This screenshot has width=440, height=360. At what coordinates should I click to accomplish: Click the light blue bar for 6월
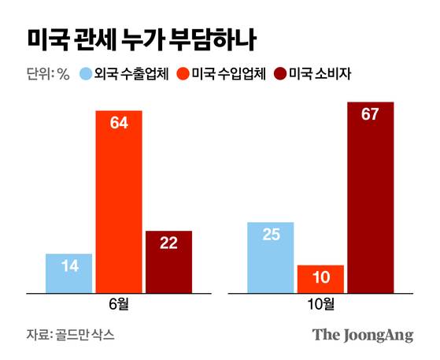(69, 273)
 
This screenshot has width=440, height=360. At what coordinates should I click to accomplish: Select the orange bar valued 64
(119, 201)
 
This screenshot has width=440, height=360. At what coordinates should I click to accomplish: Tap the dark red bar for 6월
(168, 262)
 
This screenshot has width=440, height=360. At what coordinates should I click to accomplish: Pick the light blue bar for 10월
(270, 257)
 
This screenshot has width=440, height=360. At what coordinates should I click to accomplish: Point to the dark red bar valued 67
(370, 197)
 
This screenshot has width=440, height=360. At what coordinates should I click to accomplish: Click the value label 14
(69, 266)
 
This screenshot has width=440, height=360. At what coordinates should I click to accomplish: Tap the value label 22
(168, 243)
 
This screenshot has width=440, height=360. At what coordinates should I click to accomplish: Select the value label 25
(270, 235)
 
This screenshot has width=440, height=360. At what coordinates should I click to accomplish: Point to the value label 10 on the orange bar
(320, 277)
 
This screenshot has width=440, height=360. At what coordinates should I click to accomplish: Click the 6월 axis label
(119, 303)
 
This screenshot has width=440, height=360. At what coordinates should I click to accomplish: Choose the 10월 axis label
(320, 303)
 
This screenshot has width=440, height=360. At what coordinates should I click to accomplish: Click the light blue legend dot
(85, 76)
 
